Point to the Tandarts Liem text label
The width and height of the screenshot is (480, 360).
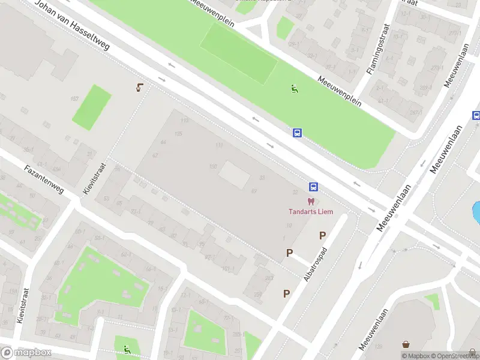(310, 211)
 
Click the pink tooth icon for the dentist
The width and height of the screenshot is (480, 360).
(311, 202)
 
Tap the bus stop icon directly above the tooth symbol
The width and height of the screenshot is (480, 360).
(313, 187)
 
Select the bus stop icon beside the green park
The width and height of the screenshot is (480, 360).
(297, 133)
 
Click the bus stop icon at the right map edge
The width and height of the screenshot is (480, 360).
(476, 115)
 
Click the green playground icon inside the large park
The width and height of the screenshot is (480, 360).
(294, 89)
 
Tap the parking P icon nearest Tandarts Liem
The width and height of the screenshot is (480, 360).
(323, 235)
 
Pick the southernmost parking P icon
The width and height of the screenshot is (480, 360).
(287, 293)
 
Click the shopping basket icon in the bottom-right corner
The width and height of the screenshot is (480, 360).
(407, 344)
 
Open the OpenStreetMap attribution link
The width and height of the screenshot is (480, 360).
(454, 356)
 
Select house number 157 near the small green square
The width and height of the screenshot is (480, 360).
(74, 98)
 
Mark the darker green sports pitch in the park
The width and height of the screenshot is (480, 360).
(239, 53)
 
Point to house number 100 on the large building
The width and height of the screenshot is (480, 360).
(212, 166)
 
